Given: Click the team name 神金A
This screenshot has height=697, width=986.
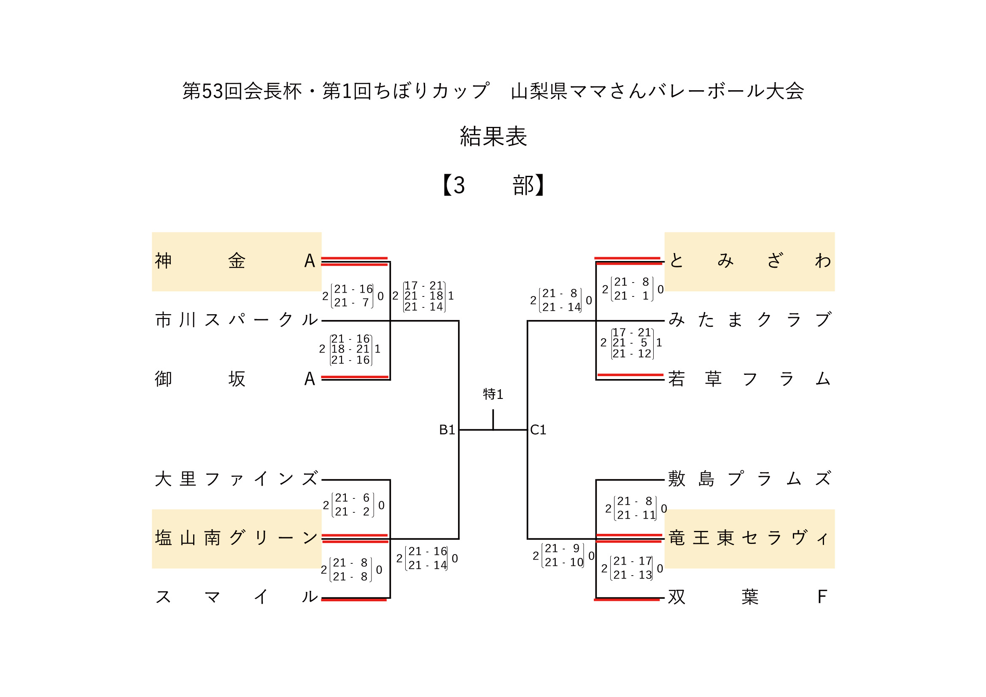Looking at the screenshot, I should pyautogui.click(x=235, y=261).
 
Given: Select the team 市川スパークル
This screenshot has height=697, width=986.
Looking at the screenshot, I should pyautogui.click(x=237, y=320).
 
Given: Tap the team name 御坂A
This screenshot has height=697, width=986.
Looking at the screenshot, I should pyautogui.click(x=235, y=379).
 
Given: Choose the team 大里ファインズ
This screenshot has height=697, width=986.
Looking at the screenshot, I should pyautogui.click(x=237, y=479).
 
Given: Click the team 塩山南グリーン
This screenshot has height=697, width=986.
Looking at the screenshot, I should pyautogui.click(x=237, y=538).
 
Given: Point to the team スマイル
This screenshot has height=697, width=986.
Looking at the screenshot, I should pyautogui.click(x=237, y=597).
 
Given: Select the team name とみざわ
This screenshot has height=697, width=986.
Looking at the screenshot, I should pyautogui.click(x=750, y=261).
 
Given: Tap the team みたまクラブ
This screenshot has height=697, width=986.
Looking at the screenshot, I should pyautogui.click(x=750, y=320).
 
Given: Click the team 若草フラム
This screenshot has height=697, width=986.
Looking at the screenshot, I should pyautogui.click(x=750, y=379).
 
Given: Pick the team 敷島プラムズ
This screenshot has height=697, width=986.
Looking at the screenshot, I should pyautogui.click(x=750, y=479).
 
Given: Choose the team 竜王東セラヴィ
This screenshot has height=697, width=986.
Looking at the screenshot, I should pyautogui.click(x=750, y=538).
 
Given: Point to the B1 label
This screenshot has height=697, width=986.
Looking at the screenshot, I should pyautogui.click(x=447, y=430).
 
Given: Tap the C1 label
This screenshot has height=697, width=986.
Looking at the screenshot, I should pyautogui.click(x=538, y=430).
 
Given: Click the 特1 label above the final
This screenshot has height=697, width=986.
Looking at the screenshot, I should pyautogui.click(x=493, y=394).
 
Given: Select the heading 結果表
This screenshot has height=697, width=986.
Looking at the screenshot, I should pyautogui.click(x=493, y=137).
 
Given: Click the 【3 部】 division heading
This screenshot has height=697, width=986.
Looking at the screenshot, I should pyautogui.click(x=493, y=185).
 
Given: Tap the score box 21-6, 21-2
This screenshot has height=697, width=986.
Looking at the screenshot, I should pyautogui.click(x=353, y=505).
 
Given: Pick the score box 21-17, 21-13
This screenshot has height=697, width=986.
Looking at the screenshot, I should pyautogui.click(x=632, y=568).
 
